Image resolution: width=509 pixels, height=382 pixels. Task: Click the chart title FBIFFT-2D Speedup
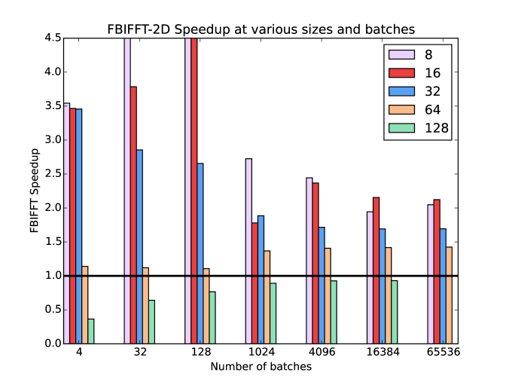point(260,29)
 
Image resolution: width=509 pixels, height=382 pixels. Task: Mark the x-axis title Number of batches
point(261,367)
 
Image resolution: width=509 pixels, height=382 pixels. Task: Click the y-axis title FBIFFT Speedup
point(35,191)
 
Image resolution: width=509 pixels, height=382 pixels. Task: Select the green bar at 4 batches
point(91,331)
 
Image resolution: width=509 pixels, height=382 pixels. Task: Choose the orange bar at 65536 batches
point(449,295)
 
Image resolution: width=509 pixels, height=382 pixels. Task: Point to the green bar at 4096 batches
point(334,312)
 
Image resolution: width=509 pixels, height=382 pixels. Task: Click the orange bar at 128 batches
point(206,306)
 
